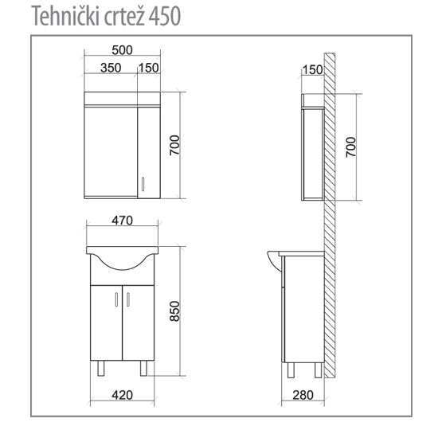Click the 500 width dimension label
[x=122, y=50]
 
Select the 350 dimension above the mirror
[x=111, y=68]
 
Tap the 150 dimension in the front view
[x=148, y=68]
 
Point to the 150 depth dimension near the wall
[x=312, y=69]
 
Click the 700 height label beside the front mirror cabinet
[x=174, y=145]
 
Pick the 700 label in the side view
[x=350, y=147]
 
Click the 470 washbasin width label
[x=122, y=221]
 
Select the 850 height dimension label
[x=174, y=311]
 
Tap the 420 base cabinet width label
[x=122, y=395]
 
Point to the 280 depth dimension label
[x=303, y=395]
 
